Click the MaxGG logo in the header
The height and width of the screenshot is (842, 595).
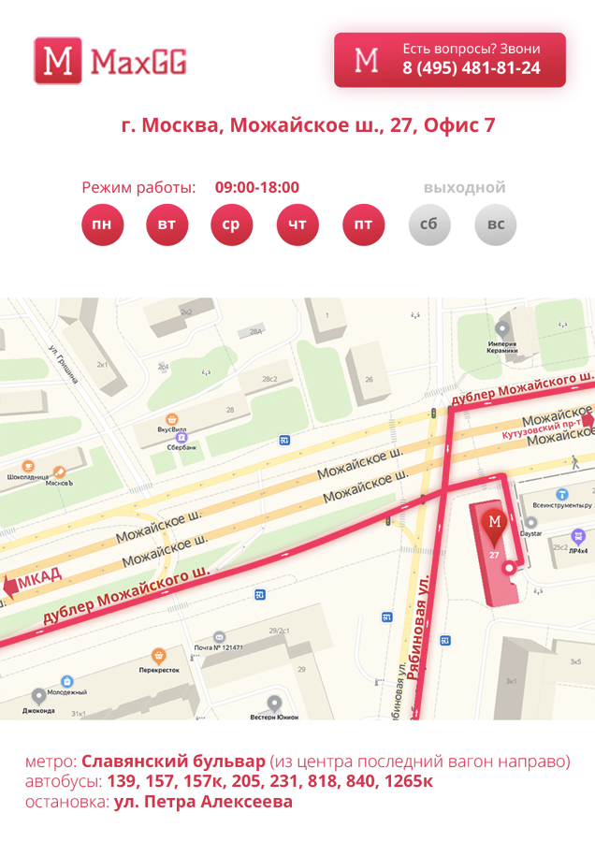pyautogui.click(x=110, y=62)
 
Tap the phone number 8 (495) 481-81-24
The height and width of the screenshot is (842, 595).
pyautogui.click(x=472, y=68)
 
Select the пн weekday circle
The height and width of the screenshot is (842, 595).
pyautogui.click(x=102, y=225)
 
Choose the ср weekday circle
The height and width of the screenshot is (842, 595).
pyautogui.click(x=231, y=225)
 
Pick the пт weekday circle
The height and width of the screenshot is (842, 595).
pyautogui.click(x=363, y=225)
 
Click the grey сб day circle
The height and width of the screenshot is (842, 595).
pyautogui.click(x=429, y=225)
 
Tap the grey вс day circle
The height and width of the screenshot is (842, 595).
pyautogui.click(x=495, y=225)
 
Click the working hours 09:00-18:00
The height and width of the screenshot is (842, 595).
pyautogui.click(x=256, y=188)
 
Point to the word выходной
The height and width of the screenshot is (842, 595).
pyautogui.click(x=464, y=188)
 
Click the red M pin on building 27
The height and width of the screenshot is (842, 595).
pyautogui.click(x=495, y=526)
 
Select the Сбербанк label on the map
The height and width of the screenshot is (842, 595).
pyautogui.click(x=181, y=448)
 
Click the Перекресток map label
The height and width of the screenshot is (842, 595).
pyautogui.click(x=159, y=670)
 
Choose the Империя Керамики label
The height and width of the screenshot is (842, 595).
pyautogui.click(x=502, y=348)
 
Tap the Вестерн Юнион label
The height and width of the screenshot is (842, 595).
pyautogui.click(x=274, y=718)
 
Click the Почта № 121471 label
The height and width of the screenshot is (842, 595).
pyautogui.click(x=218, y=647)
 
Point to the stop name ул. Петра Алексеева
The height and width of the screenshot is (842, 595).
pyautogui.click(x=203, y=803)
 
